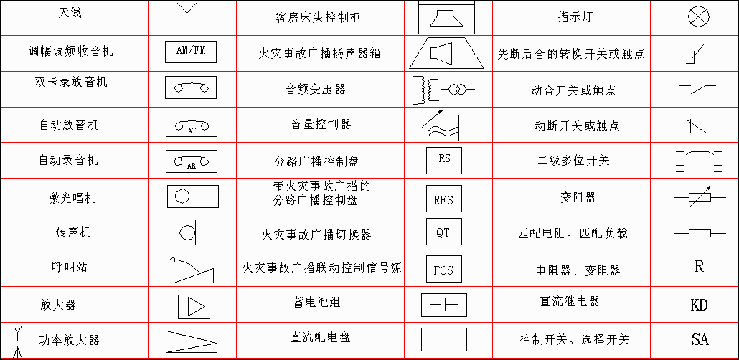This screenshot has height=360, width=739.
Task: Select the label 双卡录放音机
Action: point(71,82)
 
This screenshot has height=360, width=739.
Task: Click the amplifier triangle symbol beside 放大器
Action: point(194,307)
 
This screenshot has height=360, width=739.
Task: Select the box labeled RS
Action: point(444,160)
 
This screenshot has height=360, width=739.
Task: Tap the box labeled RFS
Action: point(444,199)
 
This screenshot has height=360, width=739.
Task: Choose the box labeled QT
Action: point(444,232)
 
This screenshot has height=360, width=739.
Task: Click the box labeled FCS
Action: point(444,269)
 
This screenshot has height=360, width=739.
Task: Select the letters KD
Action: point(699,305)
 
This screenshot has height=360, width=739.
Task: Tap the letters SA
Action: point(700,339)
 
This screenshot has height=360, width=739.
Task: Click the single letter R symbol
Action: point(699,267)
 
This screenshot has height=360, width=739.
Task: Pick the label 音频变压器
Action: point(316,88)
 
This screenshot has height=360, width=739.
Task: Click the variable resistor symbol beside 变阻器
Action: point(700,198)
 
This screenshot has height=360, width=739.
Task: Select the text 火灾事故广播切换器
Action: point(316,235)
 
